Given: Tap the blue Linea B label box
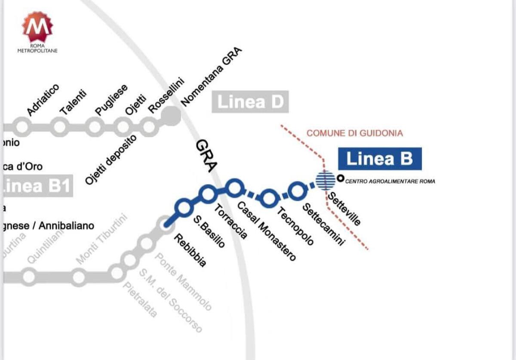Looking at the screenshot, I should click(379, 159).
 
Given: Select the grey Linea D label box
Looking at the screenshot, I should click(250, 102).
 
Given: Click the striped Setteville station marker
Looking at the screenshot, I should click(326, 180).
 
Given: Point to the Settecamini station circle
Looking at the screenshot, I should click(297, 191).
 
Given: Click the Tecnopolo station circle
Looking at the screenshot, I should click(269, 197).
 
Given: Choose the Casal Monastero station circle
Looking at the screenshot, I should click(234, 188).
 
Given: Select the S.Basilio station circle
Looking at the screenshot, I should click(184, 208).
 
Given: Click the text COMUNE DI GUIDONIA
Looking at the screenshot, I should click(354, 133).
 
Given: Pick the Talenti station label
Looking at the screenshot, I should click(73, 102).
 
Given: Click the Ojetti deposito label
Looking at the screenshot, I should click(111, 160).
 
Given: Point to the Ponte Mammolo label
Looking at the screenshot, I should click(183, 282).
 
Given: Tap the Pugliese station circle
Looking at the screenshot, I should click(94, 127).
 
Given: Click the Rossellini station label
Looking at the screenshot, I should click(166, 95).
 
